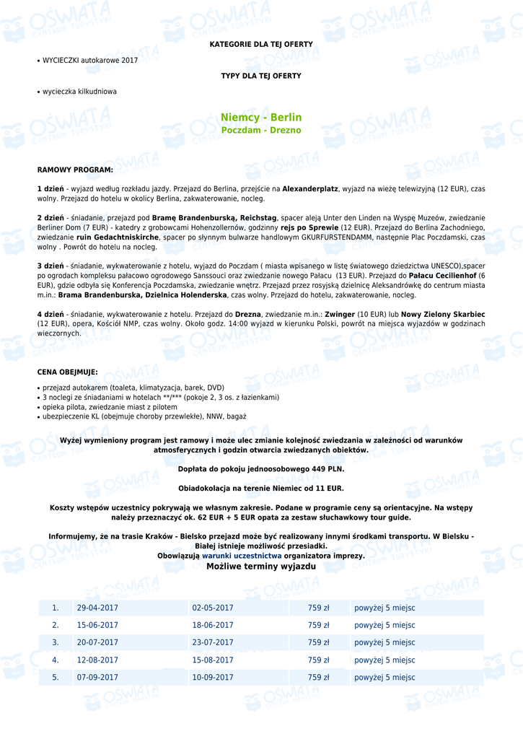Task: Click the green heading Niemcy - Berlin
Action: (x=261, y=118)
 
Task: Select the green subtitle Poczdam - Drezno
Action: (x=261, y=131)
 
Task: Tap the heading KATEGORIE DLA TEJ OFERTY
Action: (x=261, y=45)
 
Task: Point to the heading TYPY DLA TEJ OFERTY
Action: (x=261, y=76)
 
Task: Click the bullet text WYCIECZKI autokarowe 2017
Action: (x=89, y=61)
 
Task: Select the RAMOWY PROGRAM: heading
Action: (x=75, y=170)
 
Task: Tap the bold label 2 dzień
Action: (x=50, y=218)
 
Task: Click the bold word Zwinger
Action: (x=340, y=315)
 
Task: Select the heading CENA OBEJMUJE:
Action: (x=67, y=373)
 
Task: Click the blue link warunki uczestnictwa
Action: (x=242, y=556)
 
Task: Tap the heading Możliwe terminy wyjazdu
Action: (x=261, y=567)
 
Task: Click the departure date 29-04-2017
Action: (x=97, y=608)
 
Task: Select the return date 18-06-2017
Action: (x=213, y=626)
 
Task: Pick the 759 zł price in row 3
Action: (x=318, y=643)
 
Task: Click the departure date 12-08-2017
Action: (x=97, y=660)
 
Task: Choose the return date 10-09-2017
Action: (x=213, y=678)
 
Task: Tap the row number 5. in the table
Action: (x=55, y=678)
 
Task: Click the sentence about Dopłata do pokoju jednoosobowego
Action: (x=261, y=469)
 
